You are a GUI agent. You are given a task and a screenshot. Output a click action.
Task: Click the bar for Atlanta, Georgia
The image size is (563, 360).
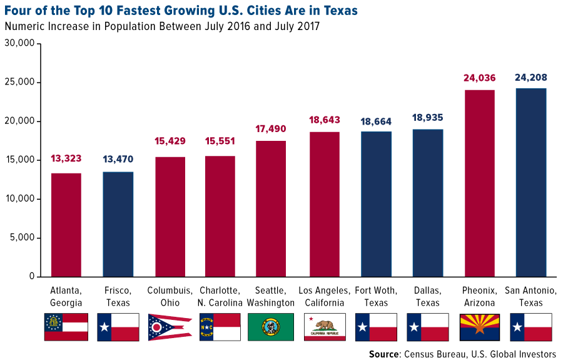tap(66, 225)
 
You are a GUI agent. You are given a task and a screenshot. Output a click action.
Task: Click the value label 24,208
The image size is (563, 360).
tap(531, 78)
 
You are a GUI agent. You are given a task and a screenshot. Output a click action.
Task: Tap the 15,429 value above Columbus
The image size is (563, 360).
tap(170, 142)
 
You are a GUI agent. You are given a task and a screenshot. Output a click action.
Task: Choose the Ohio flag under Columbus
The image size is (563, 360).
tap(170, 327)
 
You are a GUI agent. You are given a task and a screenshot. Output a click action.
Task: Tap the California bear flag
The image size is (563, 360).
tap(324, 327)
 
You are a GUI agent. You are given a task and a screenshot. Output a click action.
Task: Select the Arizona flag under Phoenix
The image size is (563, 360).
tap(480, 327)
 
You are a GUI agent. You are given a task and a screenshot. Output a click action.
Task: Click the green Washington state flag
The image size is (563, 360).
tap(272, 327)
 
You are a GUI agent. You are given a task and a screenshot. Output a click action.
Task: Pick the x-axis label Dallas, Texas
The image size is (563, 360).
tap(428, 297)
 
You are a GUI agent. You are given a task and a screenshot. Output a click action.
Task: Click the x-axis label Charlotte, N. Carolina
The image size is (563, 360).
tap(221, 297)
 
